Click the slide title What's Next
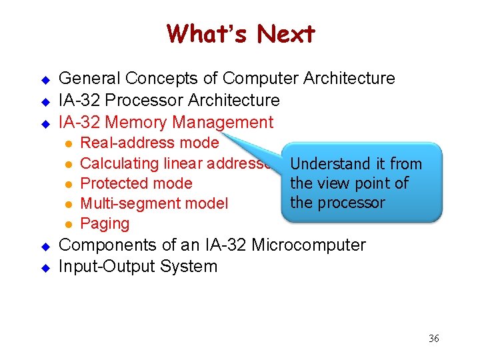[241, 33]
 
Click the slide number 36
[433, 339]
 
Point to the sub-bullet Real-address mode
[149, 143]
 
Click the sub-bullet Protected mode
[136, 183]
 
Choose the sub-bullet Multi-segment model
[153, 203]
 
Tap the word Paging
[105, 224]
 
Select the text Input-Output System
[138, 267]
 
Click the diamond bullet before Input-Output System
[46, 267]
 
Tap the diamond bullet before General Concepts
[46, 80]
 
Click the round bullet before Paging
[67, 225]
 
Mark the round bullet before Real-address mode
[67, 143]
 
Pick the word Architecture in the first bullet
[349, 79]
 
